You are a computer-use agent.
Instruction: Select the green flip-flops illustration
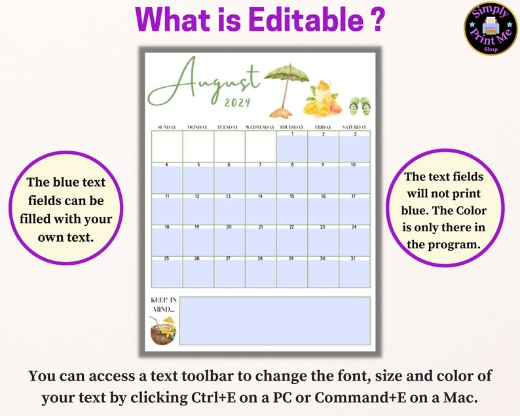point(360,105)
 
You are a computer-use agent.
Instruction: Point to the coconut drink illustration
point(162,330)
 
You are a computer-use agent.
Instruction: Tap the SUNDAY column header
point(167,126)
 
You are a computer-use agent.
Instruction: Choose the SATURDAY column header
point(354,126)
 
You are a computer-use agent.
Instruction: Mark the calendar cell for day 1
point(292,147)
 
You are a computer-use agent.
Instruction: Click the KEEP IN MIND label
point(162,305)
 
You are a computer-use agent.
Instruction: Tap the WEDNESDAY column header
point(260,126)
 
